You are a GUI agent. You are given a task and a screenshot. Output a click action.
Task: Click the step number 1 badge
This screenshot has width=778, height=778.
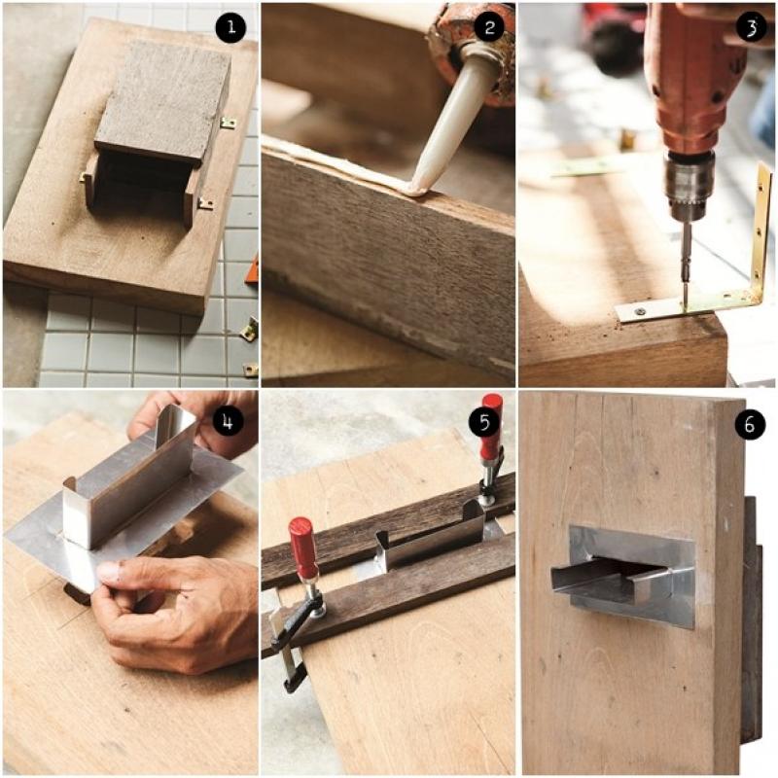(x=230, y=26)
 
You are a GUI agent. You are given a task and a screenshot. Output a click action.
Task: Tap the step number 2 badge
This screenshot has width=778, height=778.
(x=489, y=26)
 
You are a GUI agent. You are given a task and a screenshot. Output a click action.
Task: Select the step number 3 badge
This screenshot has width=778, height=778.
(x=751, y=26)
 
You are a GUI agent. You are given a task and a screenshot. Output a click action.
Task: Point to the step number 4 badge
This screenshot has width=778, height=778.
(x=228, y=421)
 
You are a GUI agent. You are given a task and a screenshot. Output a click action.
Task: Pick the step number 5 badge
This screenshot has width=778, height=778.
(x=484, y=421)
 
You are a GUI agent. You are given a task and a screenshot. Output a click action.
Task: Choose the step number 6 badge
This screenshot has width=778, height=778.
(x=749, y=424)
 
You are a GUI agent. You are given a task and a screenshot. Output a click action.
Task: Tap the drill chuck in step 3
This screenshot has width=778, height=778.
(x=689, y=185)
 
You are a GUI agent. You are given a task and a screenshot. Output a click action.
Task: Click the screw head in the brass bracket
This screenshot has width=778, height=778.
(x=639, y=311)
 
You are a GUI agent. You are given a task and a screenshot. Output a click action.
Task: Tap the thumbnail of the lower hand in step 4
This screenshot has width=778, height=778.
(x=109, y=572)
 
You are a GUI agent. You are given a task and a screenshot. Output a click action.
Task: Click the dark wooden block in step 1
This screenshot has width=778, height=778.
(x=161, y=102)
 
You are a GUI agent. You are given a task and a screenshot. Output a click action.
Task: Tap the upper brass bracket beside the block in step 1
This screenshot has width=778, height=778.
(x=228, y=123)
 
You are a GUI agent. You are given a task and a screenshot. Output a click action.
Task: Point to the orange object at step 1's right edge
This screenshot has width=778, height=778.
(x=252, y=269)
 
